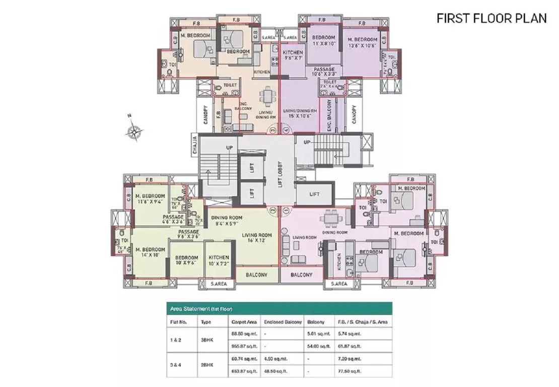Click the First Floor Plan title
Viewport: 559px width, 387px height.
(x=491, y=19)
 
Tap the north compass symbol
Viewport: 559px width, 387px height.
(x=134, y=132)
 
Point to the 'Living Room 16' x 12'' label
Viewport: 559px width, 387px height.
(x=257, y=238)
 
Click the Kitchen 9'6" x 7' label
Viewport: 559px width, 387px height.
(x=293, y=55)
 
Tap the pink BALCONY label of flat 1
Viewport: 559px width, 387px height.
(x=301, y=275)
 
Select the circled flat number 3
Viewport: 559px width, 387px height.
(x=272, y=130)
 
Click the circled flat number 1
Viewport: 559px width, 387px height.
(x=286, y=211)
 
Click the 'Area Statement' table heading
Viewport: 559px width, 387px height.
(x=199, y=308)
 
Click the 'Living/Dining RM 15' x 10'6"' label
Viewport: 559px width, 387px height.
(x=300, y=113)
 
